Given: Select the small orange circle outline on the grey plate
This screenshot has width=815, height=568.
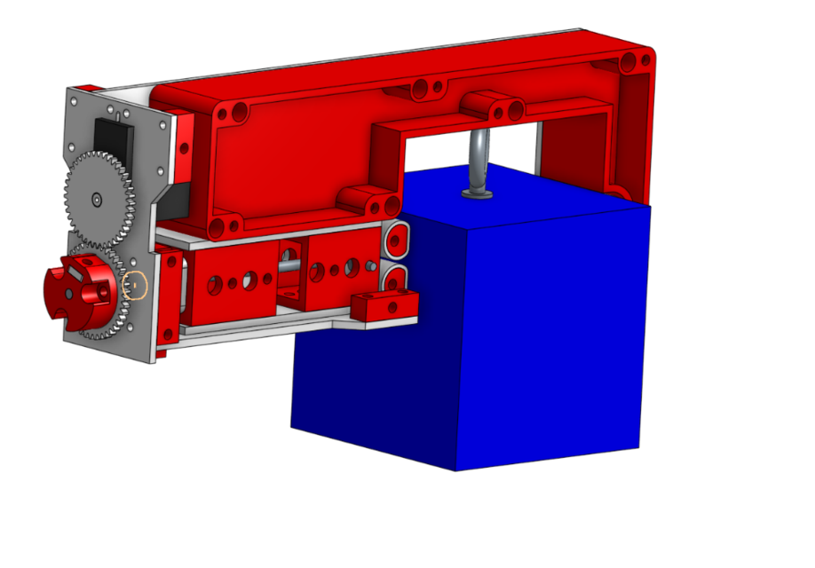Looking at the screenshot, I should pyautogui.click(x=136, y=286).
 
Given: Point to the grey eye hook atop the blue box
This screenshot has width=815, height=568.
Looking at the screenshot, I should pyautogui.click(x=477, y=155).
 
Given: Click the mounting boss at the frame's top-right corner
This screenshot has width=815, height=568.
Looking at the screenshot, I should pyautogui.click(x=633, y=62).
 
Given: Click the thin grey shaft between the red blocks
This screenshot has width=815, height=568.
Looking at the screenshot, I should pyautogui.click(x=291, y=262).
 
